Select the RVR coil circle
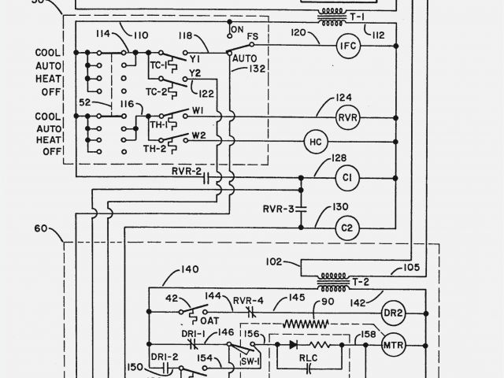pos(347,117)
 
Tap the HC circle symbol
pos(315,142)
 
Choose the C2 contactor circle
pos(346,228)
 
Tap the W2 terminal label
pos(198,134)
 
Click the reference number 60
pos(41,230)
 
